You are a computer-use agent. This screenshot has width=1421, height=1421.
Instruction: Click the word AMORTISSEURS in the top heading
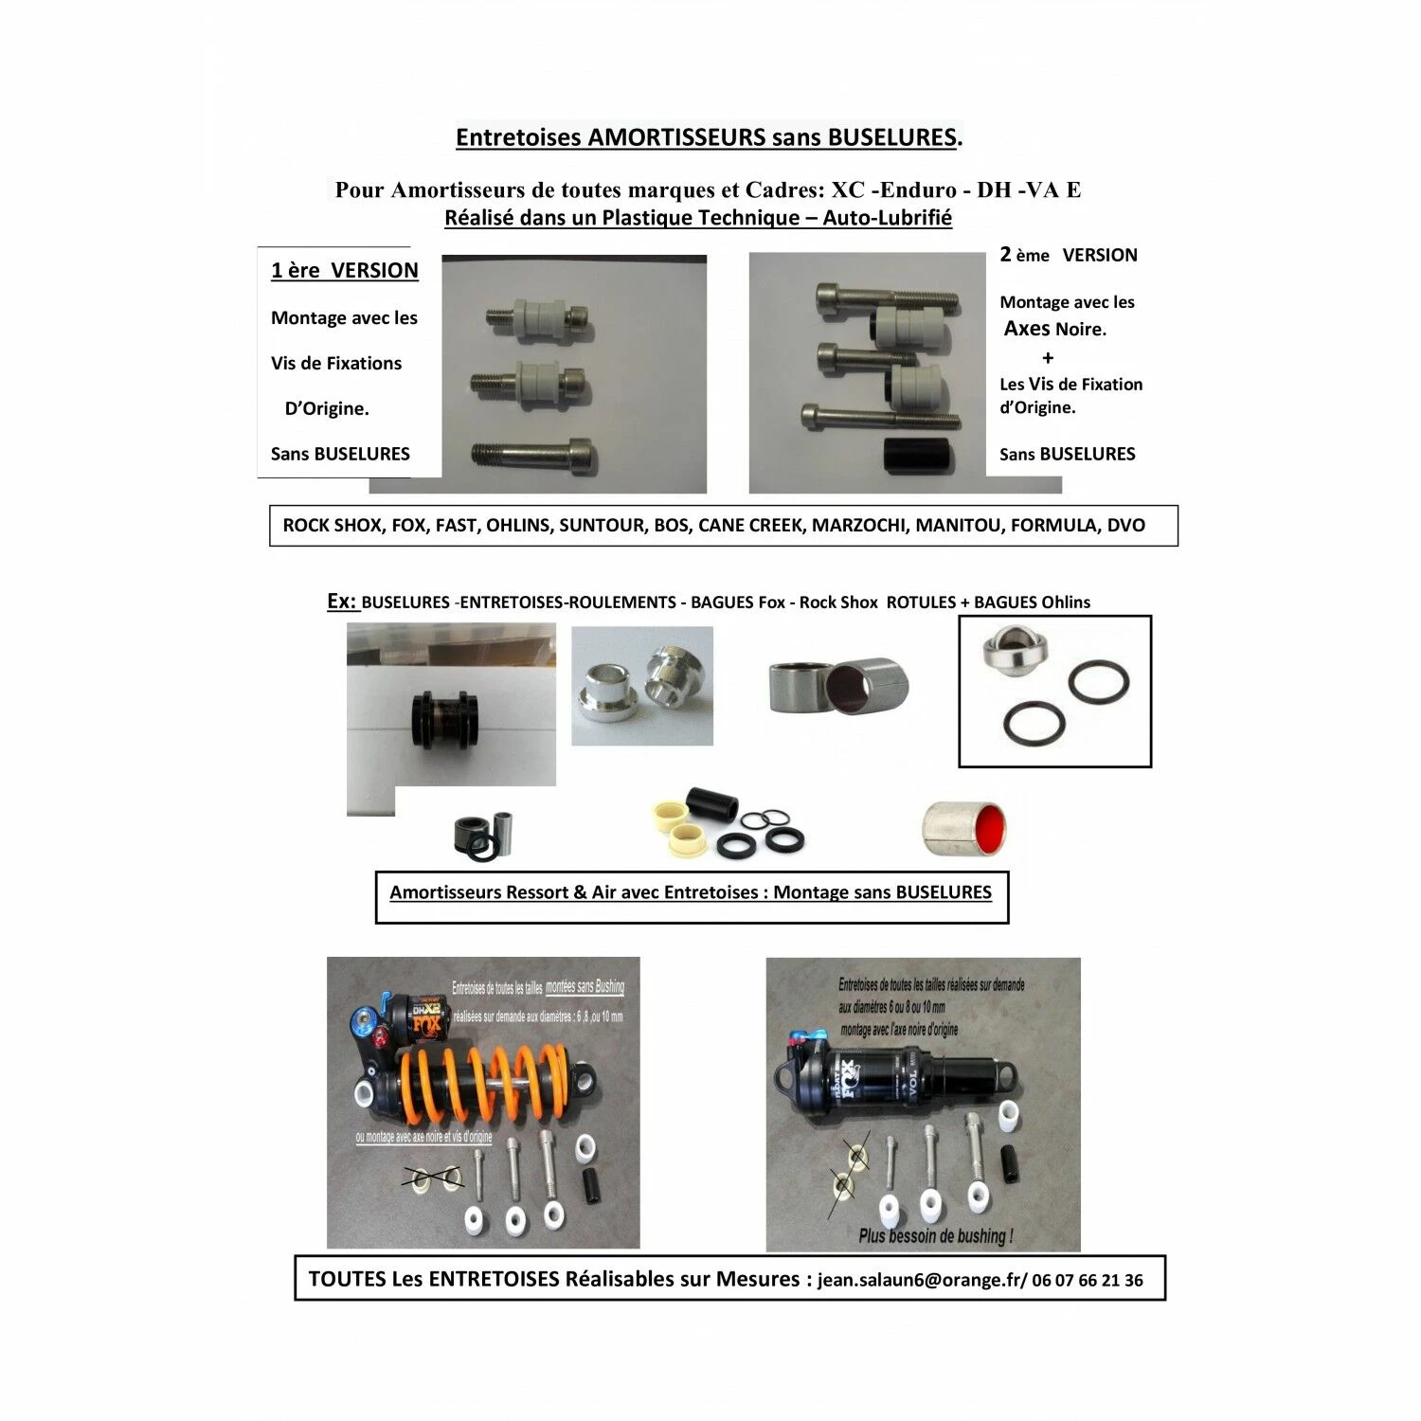676,137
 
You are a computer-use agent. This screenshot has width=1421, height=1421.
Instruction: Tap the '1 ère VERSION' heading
344,271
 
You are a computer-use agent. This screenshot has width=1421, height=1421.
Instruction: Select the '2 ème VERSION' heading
1069,255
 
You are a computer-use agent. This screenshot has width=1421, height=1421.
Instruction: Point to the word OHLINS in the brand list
517,526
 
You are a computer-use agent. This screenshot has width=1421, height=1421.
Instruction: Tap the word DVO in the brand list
1125,526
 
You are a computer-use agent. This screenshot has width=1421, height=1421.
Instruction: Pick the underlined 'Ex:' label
342,602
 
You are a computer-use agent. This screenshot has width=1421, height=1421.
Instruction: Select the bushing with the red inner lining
964,827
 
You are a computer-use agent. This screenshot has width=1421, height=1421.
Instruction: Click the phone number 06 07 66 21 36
1088,1281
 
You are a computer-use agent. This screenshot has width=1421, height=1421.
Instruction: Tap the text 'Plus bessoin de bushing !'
935,1235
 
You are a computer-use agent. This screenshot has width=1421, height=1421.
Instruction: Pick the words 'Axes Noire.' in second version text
1054,329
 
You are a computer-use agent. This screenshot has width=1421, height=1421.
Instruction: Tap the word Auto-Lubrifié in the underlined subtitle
887,218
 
